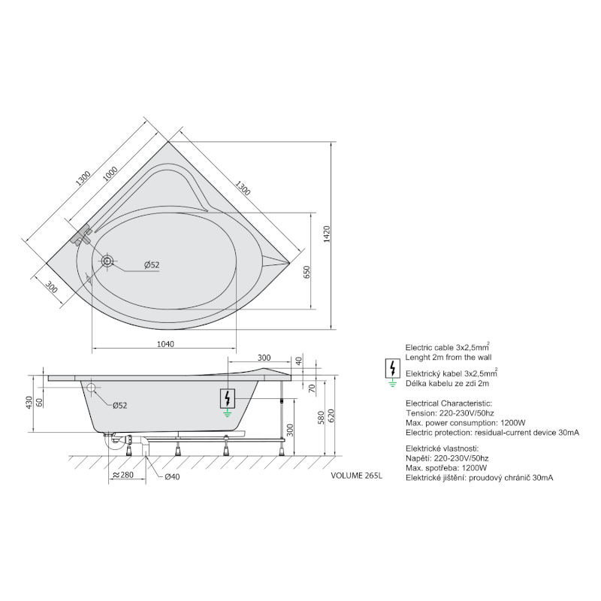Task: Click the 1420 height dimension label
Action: click(327, 234)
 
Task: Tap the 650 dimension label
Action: click(307, 272)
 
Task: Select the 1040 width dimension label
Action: click(165, 344)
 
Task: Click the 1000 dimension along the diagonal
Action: click(110, 174)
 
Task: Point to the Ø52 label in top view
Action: click(152, 265)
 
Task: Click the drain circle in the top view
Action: click(107, 261)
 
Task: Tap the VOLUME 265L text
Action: click(356, 476)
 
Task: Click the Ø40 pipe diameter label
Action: click(172, 477)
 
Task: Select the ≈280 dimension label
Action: click(123, 475)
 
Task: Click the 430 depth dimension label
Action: click(29, 403)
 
